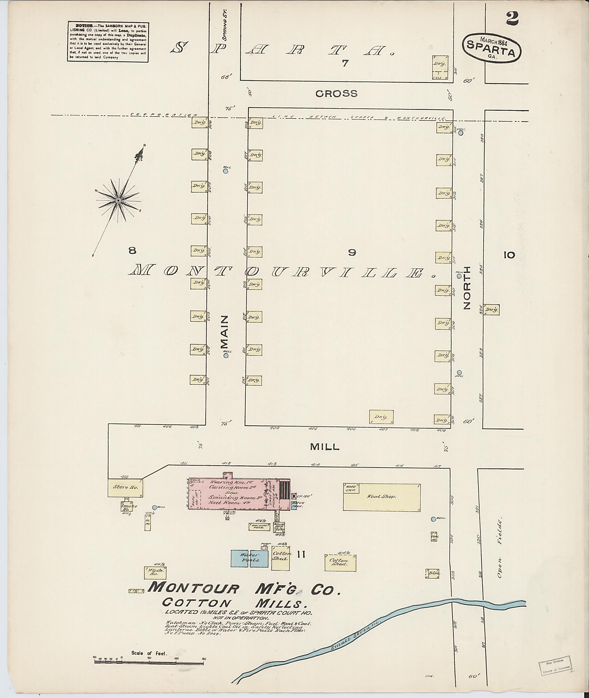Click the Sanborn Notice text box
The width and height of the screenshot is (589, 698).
(108, 42)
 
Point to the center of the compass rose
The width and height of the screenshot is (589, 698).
(118, 201)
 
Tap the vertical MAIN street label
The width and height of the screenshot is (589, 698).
(224, 332)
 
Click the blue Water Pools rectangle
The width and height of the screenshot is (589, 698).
(249, 559)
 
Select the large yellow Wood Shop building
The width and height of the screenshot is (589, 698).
(382, 497)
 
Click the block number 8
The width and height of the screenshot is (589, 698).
(133, 250)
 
